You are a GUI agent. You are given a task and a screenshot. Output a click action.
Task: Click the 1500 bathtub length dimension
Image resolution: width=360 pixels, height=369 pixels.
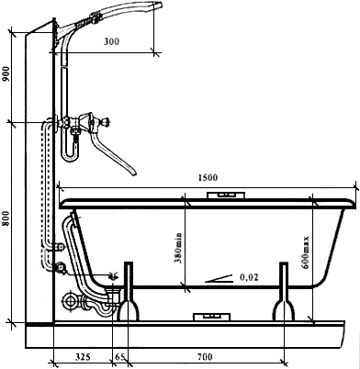(x=208, y=177)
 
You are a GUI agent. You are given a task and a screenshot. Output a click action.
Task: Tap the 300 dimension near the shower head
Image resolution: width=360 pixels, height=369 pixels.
(x=111, y=41)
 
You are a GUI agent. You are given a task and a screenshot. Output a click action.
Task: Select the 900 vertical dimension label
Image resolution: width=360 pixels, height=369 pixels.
(x=6, y=74)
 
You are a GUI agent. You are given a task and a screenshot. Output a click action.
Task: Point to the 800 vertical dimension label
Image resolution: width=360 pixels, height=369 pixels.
(x=6, y=218)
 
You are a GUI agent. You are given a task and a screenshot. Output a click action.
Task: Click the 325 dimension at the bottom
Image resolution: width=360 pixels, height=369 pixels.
(x=83, y=357)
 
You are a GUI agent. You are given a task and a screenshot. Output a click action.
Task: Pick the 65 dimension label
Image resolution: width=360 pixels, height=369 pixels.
(x=120, y=357)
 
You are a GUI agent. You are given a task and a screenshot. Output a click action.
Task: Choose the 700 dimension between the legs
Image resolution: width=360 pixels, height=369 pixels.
(x=205, y=357)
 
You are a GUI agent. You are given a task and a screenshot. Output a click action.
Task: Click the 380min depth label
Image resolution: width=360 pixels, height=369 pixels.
(x=178, y=248)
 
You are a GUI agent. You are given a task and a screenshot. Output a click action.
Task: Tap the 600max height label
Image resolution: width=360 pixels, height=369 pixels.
(x=305, y=252)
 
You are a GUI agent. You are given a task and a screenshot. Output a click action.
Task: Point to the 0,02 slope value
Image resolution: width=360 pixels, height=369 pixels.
(x=249, y=277)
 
